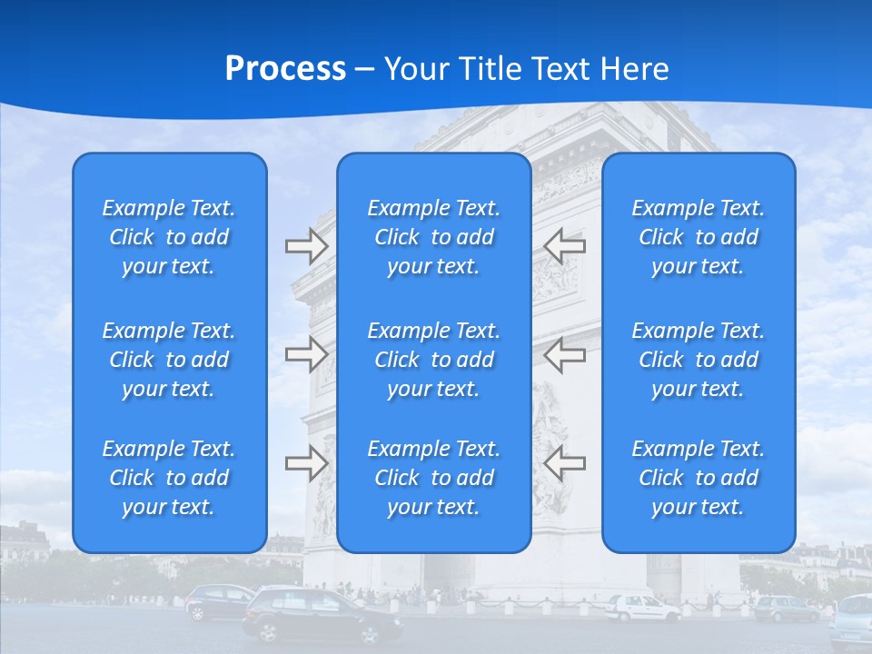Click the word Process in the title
point(285,69)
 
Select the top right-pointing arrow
point(307,246)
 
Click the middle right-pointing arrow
point(307,354)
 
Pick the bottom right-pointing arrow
point(307,463)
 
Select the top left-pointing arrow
point(564,246)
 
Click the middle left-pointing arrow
point(564,354)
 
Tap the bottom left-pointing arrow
point(564,463)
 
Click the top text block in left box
point(169,237)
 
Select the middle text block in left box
point(169,360)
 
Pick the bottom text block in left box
point(169,478)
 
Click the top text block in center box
point(434,237)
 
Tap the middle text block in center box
point(434,360)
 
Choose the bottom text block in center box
point(434,478)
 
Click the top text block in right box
point(699,237)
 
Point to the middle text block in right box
point(699,360)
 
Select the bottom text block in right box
point(699,478)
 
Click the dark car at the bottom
point(322,615)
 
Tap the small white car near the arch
point(641,607)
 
